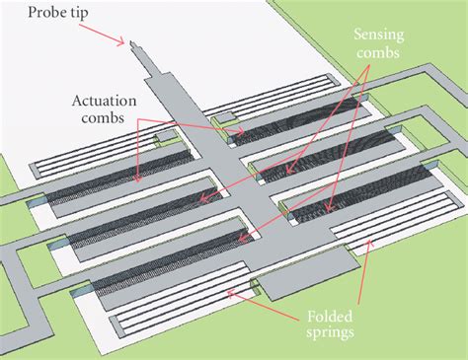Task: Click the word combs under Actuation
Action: pyautogui.click(x=103, y=119)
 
